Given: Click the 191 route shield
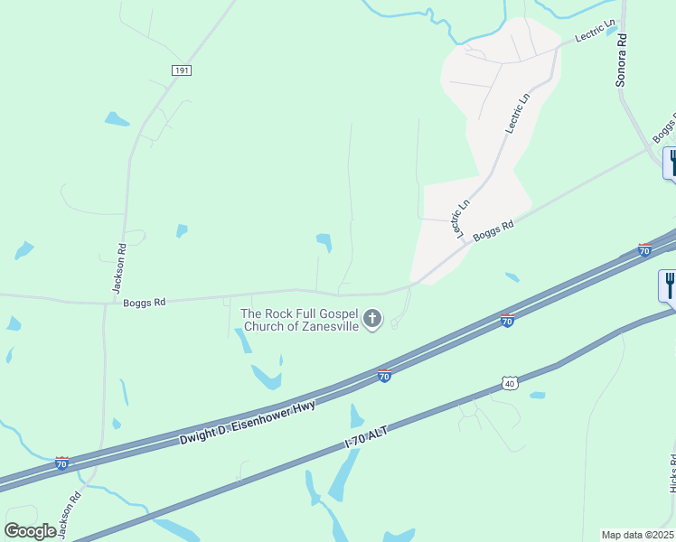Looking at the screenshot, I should pos(181,69).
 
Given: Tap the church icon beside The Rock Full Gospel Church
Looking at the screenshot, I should pos(372,318).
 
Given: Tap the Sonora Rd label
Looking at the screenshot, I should pos(621,61).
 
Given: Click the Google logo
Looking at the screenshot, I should pos(31,531).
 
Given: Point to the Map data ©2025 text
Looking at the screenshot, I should pos(637,535).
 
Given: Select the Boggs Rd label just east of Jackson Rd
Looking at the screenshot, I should pos(146,303).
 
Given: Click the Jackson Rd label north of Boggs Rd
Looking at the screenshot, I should pos(117,268).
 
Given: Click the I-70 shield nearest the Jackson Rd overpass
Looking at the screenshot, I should pos(61,463).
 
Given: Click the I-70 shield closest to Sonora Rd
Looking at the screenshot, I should pos(644,249).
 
